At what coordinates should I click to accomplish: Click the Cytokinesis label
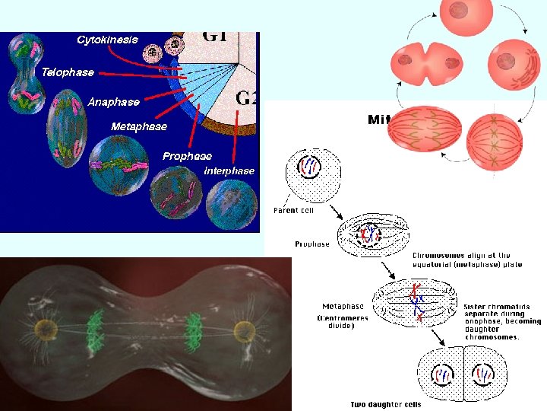pos(107,40)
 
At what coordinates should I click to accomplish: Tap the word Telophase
pos(68,72)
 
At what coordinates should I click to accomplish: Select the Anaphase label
pos(113,101)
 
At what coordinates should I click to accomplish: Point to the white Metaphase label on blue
pos(139,126)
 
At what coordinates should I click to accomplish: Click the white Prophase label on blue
pos(187,156)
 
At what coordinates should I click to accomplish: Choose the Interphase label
pos(229,170)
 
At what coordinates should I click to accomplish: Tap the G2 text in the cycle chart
pos(247,97)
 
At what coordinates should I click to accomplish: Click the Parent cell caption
pos(293,211)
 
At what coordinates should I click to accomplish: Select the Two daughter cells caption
pos(385,404)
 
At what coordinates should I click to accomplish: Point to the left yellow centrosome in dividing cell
pos(46,330)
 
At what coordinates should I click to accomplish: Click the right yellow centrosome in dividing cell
pos(244,332)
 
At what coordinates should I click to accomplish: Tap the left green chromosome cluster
pos(96,332)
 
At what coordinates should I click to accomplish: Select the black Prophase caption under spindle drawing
pos(312,244)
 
